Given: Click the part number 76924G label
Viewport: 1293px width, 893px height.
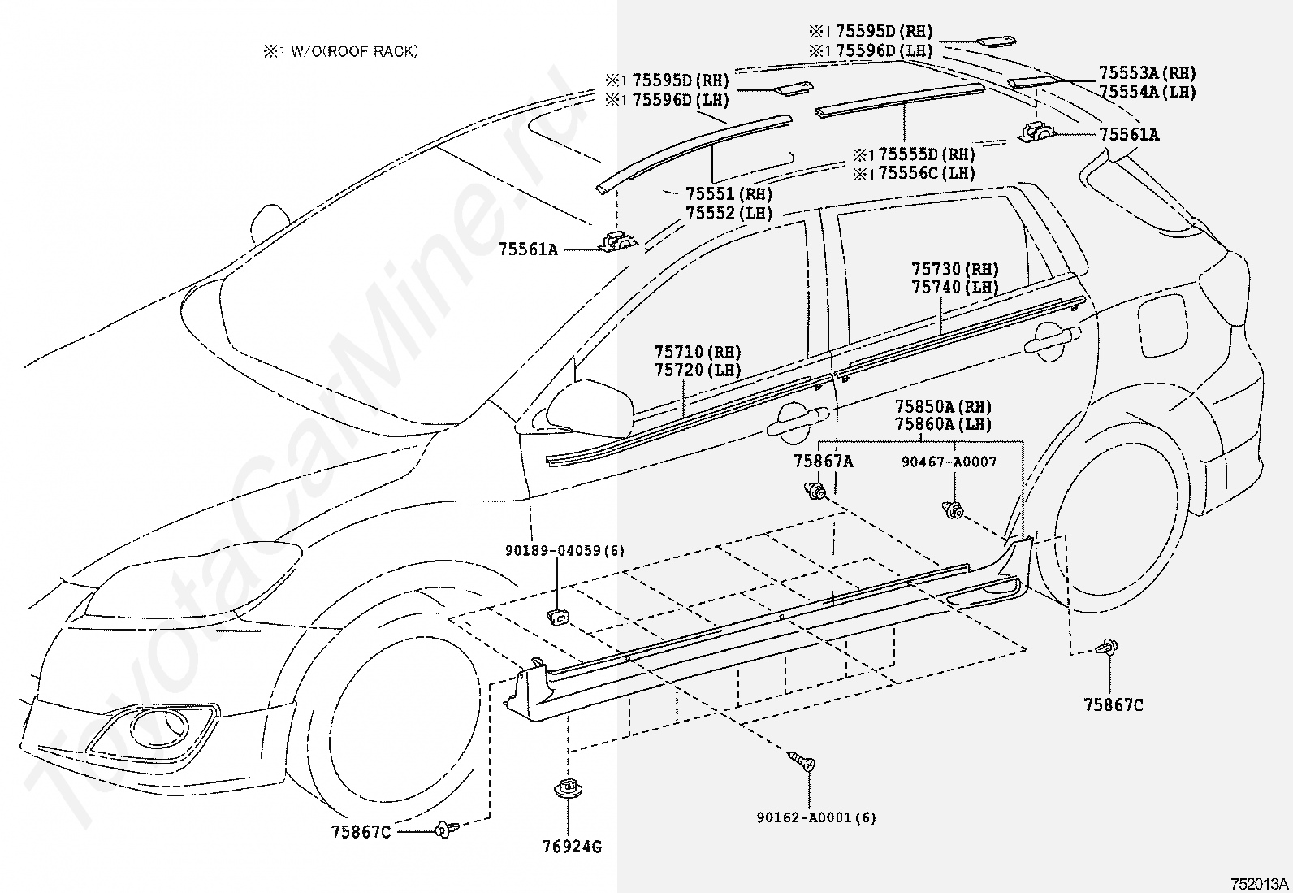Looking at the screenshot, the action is pos(572,847).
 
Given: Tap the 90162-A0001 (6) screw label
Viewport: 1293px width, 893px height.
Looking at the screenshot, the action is pos(816,817).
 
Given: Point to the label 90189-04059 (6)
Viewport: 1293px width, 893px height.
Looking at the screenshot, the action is pos(565,550).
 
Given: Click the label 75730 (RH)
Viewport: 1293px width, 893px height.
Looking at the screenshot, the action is pos(955,269).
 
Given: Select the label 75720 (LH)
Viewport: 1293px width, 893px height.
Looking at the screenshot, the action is pos(698,370).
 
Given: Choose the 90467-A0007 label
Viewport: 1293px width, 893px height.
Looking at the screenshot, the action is pos(949,462).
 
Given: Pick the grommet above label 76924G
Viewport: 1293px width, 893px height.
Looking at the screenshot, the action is pos(568,788).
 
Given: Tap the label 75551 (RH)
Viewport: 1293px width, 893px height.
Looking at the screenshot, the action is pos(729,193).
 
